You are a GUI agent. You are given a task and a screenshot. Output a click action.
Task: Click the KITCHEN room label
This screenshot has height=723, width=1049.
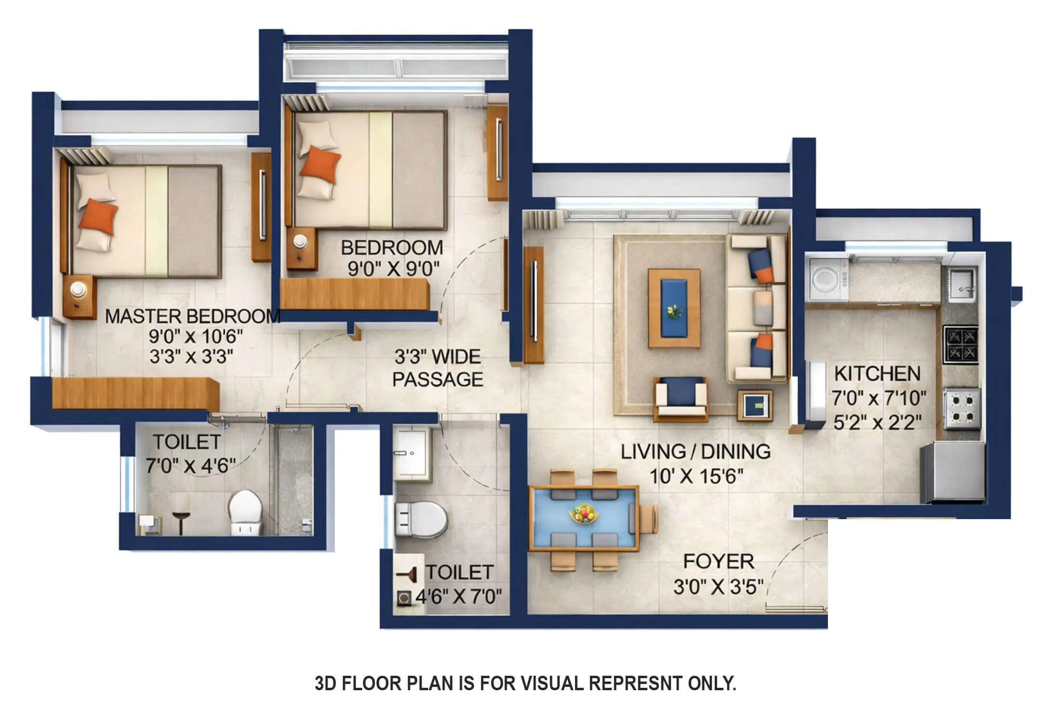(877, 374)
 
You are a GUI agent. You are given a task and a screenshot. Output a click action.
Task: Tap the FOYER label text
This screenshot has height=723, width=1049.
(718, 562)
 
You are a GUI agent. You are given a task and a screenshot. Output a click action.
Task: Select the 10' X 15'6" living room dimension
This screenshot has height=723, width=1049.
(696, 476)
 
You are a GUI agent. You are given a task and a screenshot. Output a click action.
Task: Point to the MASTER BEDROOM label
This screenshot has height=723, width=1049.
(192, 316)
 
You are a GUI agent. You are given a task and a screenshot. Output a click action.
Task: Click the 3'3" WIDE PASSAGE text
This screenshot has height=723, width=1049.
(437, 368)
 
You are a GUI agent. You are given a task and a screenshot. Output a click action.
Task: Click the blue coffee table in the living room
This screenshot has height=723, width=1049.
(674, 308)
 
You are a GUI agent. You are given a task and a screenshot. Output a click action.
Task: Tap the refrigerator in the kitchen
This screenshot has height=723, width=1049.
(952, 472)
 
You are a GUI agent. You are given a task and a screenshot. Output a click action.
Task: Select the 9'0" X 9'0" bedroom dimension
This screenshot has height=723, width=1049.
(393, 269)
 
